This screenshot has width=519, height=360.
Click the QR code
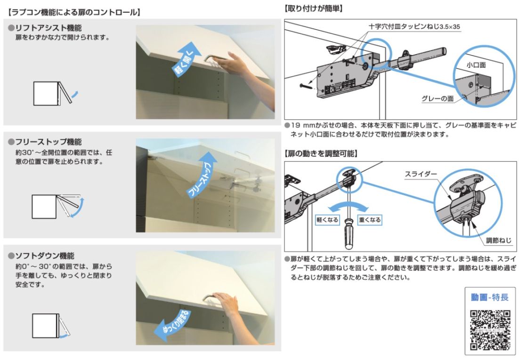pos(490,329)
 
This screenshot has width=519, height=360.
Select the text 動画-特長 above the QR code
pos(490,297)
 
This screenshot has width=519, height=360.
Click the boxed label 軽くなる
pos(327,220)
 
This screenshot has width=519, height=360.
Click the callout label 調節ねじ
pos(498,240)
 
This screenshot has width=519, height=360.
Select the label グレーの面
pos(437,99)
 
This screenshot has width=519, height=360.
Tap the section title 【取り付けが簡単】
pos(313,8)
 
